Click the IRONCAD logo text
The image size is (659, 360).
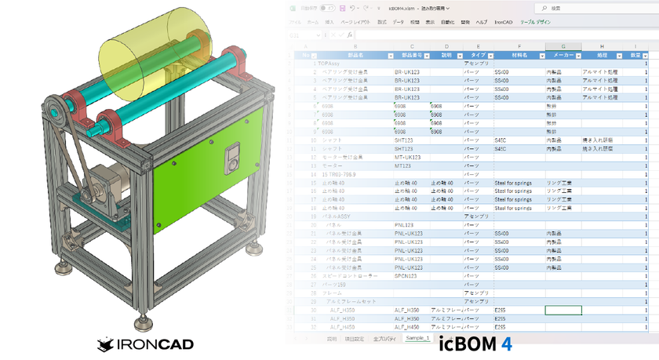145,344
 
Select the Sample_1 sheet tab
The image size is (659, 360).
417,338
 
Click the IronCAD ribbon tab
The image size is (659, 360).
503,22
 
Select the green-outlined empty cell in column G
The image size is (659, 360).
563,311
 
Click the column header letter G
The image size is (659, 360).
563,46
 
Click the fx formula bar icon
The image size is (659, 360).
348,35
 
